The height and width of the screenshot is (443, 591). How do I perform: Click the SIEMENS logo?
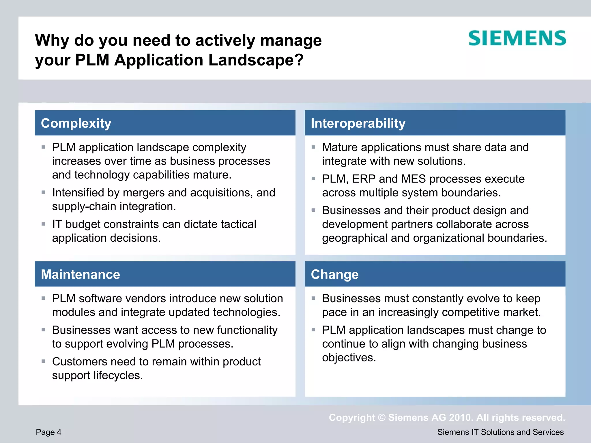517,38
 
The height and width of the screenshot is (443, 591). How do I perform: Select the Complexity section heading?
76,123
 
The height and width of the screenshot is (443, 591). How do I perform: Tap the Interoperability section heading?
358,123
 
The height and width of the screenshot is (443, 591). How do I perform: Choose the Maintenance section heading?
81,274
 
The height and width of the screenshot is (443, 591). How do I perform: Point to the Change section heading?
335,274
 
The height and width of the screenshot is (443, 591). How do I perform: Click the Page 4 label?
48,432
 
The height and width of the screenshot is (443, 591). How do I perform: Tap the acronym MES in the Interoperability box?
413,179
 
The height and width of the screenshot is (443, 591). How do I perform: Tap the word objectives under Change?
349,358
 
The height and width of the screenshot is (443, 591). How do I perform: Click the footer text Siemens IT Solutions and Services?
500,432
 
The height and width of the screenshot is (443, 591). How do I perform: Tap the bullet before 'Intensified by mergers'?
44,192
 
